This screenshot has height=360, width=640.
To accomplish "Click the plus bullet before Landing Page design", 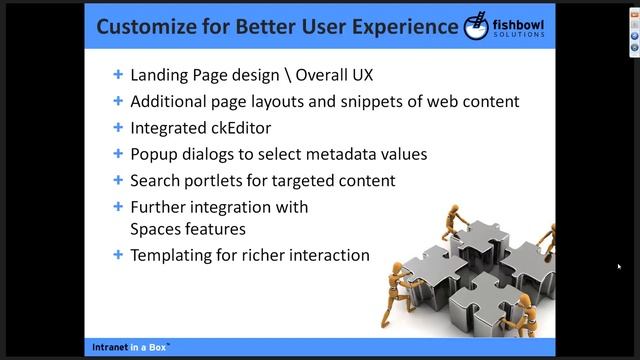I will click(x=119, y=75).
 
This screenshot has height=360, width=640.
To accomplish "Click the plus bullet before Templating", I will click(x=119, y=255).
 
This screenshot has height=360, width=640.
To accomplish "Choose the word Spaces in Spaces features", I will click(x=154, y=228).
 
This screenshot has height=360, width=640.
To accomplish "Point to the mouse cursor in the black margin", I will click(x=618, y=266).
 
